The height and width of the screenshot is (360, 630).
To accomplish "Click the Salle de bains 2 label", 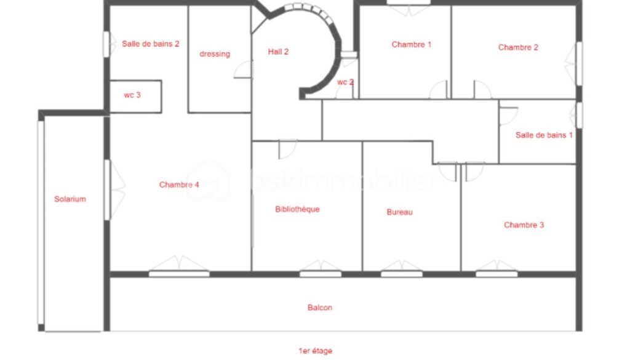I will tap(150, 44).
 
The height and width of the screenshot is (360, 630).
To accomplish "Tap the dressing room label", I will tap(215, 54).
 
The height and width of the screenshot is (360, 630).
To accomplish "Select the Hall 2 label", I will tap(278, 52).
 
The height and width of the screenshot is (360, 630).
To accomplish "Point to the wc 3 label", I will tap(132, 95).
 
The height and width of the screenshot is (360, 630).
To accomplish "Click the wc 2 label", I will tap(345, 82).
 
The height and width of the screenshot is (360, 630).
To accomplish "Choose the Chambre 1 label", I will tap(411, 44).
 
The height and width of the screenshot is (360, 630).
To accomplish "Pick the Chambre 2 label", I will tap(518, 47).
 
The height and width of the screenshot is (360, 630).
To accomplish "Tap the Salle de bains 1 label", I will tap(544, 135).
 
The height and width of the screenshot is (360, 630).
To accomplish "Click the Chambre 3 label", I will tap(524, 225).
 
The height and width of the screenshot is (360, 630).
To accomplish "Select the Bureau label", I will tap(399, 212).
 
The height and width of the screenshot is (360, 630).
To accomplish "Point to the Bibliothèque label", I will tap(297, 209).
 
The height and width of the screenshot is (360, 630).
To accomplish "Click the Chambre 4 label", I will tap(179, 185).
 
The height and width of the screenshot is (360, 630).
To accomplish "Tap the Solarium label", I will tap(70, 199).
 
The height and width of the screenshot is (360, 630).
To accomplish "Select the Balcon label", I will tap(320, 308).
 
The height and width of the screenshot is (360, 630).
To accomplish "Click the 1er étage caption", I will tap(315, 351).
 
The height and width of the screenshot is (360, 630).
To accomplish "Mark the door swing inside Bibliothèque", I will tap(288, 149).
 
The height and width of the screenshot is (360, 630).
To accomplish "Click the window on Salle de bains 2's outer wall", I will tap(106, 44).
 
